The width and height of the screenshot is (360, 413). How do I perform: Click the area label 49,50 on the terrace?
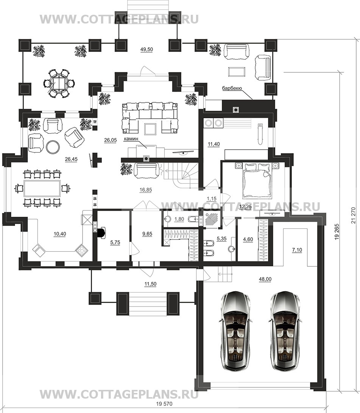[x=146, y=50]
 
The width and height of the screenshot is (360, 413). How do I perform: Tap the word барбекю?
[x=232, y=89]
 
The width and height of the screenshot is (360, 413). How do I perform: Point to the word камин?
[x=131, y=138]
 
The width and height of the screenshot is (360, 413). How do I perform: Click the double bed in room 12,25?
[x=257, y=180]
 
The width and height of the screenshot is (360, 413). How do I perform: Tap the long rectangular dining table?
[x=42, y=188]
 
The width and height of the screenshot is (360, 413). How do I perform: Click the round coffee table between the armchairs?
[x=53, y=147]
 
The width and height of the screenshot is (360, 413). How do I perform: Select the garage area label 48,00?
[x=265, y=279]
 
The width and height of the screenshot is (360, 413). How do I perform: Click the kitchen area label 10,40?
[x=60, y=234]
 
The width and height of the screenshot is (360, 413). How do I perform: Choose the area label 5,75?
[x=115, y=243]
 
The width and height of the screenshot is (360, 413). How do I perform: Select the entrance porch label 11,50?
[x=150, y=284]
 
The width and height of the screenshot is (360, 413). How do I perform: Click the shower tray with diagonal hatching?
[x=210, y=218]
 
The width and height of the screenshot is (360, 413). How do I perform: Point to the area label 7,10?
[x=297, y=250]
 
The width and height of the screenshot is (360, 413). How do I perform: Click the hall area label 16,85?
[x=145, y=190]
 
